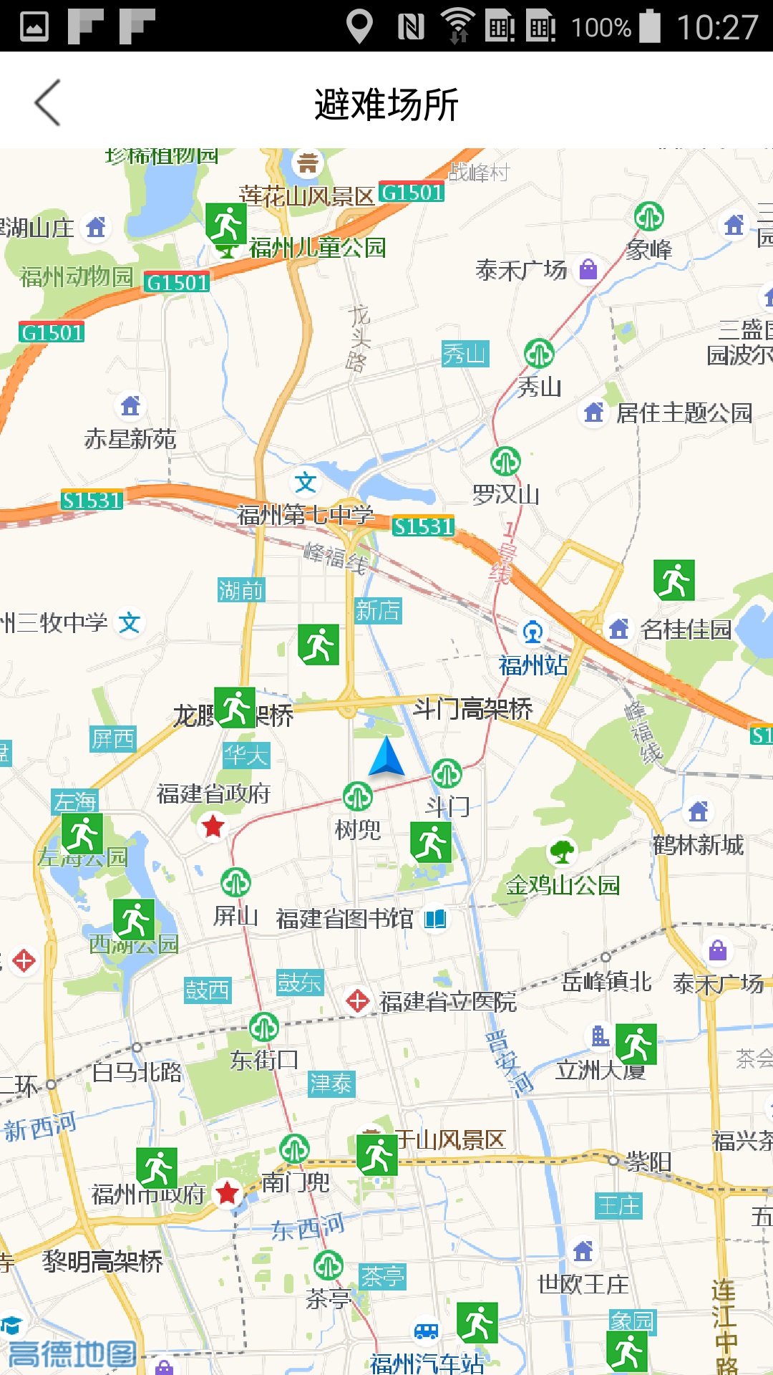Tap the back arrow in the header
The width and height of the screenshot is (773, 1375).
[x=47, y=103]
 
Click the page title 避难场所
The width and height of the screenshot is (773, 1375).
[x=386, y=105]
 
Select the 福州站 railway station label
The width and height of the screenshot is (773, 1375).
[x=533, y=665]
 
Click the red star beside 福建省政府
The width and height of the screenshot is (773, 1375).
[x=213, y=826]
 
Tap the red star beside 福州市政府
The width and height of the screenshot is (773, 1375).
[x=228, y=1192]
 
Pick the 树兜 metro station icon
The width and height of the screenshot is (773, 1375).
[x=357, y=796]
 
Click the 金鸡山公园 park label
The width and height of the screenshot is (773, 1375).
[x=563, y=885]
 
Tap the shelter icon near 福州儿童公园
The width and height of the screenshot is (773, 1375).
[x=226, y=223]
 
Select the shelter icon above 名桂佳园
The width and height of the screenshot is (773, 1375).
[x=674, y=580]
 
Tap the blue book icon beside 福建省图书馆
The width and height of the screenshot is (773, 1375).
[x=435, y=918]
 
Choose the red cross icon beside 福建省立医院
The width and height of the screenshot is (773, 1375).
[x=357, y=1000]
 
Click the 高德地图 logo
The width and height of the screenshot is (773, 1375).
[x=72, y=1354]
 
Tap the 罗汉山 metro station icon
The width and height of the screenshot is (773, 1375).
[x=505, y=461]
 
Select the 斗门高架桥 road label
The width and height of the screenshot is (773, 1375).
[x=473, y=709]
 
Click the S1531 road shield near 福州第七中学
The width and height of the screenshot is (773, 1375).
[x=423, y=526]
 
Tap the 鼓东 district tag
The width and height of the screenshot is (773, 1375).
[x=300, y=983]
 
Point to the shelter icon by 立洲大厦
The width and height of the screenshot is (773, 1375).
[x=636, y=1044]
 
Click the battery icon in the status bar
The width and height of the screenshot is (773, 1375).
[x=650, y=26]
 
